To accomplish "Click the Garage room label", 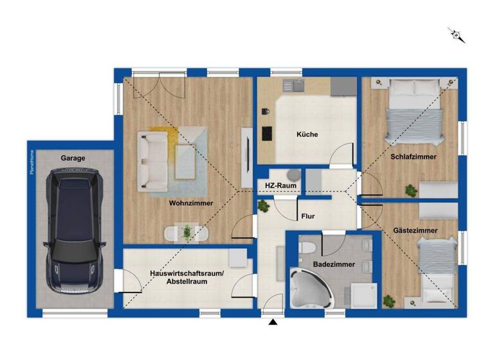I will coord(73,157).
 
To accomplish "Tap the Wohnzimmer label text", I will coord(191,203).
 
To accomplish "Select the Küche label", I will coord(307,134).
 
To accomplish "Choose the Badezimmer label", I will coord(333,264).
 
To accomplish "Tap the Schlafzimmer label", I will coord(413,156).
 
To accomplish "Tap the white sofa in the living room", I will coord(153,161).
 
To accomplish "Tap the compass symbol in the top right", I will coord(457,35).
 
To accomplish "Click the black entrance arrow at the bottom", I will coord(273,321).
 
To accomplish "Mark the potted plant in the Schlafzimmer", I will coord(410,190).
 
